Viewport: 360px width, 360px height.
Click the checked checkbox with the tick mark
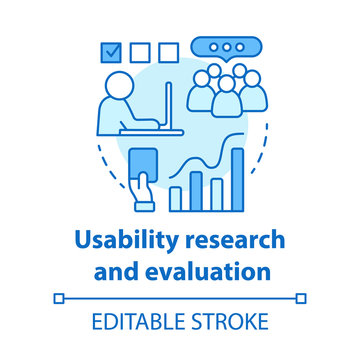coord(112,50)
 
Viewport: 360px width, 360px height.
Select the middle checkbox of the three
coord(141,50)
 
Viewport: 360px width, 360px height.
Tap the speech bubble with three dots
coord(230,48)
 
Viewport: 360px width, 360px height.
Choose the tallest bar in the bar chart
coord(237,180)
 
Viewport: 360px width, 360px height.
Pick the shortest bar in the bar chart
coord(175,198)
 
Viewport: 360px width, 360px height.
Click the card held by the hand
coord(145,162)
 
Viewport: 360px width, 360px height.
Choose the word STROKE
coord(232,322)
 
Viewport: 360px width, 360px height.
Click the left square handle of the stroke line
coord(58,297)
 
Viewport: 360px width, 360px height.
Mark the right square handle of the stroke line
coord(302,297)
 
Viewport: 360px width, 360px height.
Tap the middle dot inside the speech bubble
coord(230,47)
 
